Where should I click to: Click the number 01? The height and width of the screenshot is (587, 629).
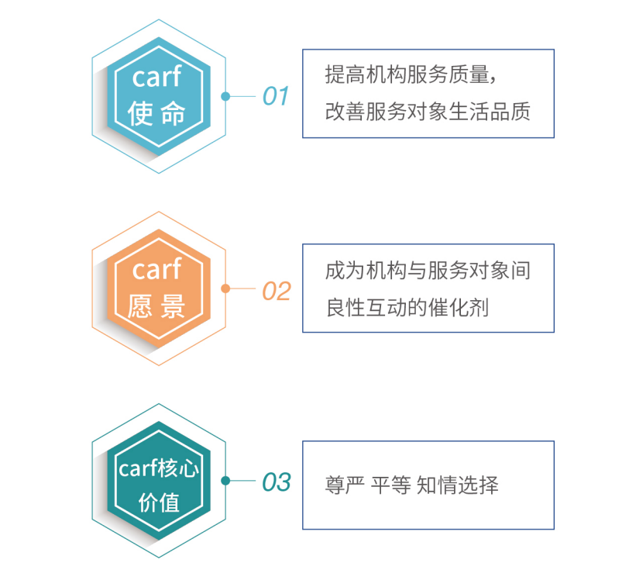pos(276,96)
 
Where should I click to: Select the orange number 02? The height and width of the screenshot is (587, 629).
pos(277,291)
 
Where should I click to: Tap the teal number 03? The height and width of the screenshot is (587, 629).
pos(277,482)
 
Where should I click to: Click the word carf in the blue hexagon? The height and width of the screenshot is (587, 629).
pos(156,76)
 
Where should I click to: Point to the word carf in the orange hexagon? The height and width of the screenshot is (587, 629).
pos(156,268)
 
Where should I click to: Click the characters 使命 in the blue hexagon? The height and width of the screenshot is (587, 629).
pos(156,113)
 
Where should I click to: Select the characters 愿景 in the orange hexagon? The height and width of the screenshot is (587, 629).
pos(156,306)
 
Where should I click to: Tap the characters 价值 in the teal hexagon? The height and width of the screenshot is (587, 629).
pos(159,502)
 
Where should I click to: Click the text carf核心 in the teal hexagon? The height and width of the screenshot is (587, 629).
pos(159,468)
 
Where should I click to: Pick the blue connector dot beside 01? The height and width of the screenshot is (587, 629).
pos(225,96)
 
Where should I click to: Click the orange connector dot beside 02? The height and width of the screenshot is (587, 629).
pos(225,288)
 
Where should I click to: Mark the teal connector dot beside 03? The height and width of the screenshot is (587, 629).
pos(225,481)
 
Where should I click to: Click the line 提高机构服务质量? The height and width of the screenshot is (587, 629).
pos(407,74)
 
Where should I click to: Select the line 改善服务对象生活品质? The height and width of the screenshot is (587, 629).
pos(428,111)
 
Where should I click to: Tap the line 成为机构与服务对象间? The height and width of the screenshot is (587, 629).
pos(428,270)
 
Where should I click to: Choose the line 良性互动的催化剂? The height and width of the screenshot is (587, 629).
pos(407,308)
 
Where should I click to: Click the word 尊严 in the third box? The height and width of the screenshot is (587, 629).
pos(345,485)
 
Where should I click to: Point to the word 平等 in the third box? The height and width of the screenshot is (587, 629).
pos(390,485)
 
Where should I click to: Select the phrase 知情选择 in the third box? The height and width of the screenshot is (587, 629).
pos(458,485)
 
